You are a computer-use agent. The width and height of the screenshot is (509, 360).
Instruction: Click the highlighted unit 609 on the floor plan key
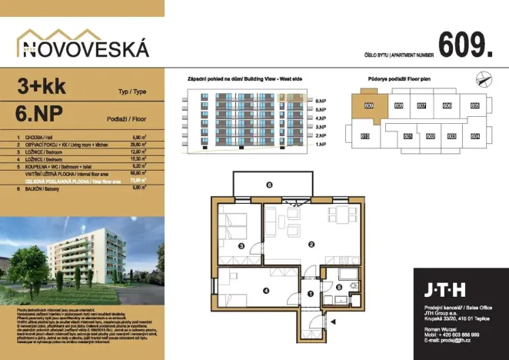tap(368, 105)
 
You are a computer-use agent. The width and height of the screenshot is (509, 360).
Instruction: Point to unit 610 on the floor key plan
tap(366, 136)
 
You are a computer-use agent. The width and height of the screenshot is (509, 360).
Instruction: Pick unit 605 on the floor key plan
tap(475, 105)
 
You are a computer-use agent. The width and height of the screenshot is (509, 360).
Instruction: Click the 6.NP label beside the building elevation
tap(321, 101)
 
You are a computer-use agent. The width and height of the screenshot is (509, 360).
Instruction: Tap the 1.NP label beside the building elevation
tap(321, 144)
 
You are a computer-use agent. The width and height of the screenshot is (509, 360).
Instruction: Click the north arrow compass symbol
tap(481, 77)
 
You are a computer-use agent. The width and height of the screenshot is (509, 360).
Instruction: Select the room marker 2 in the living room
tap(311, 245)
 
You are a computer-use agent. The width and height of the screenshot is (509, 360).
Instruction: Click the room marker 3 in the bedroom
tap(241, 246)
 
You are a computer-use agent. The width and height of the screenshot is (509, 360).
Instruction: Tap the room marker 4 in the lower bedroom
tap(266, 290)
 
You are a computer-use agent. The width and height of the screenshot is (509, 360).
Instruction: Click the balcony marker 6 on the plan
tap(268, 185)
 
